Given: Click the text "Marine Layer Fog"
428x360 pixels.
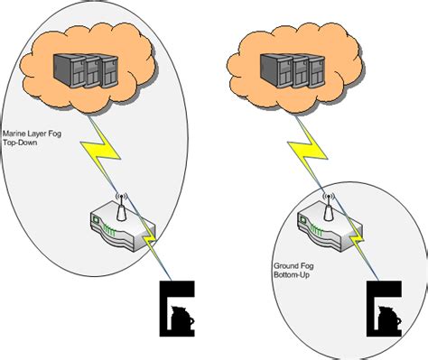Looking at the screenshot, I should tap(33, 134).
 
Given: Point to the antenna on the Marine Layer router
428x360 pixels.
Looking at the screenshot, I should tap(122, 200).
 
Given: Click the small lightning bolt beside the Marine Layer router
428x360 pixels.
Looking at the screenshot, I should tap(150, 237).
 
